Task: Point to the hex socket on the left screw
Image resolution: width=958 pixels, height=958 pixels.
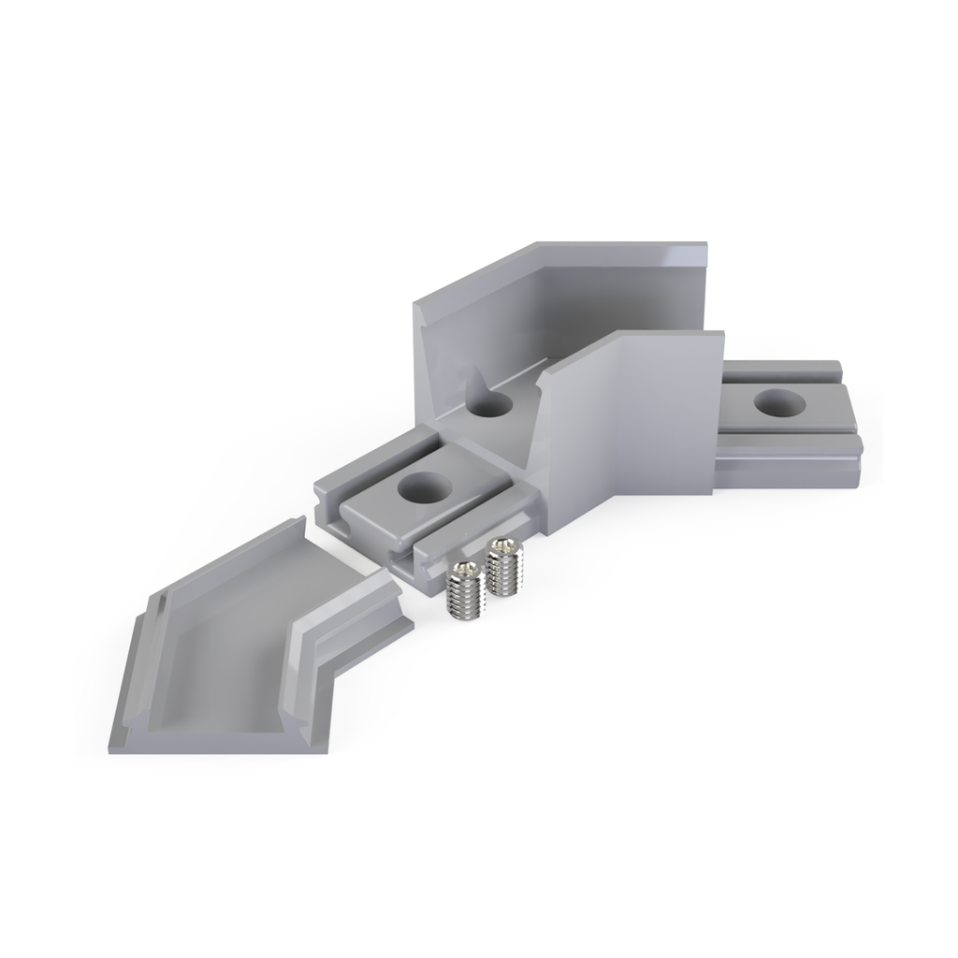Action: coord(461,567)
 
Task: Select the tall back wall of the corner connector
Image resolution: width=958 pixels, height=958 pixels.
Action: coord(561,299)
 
